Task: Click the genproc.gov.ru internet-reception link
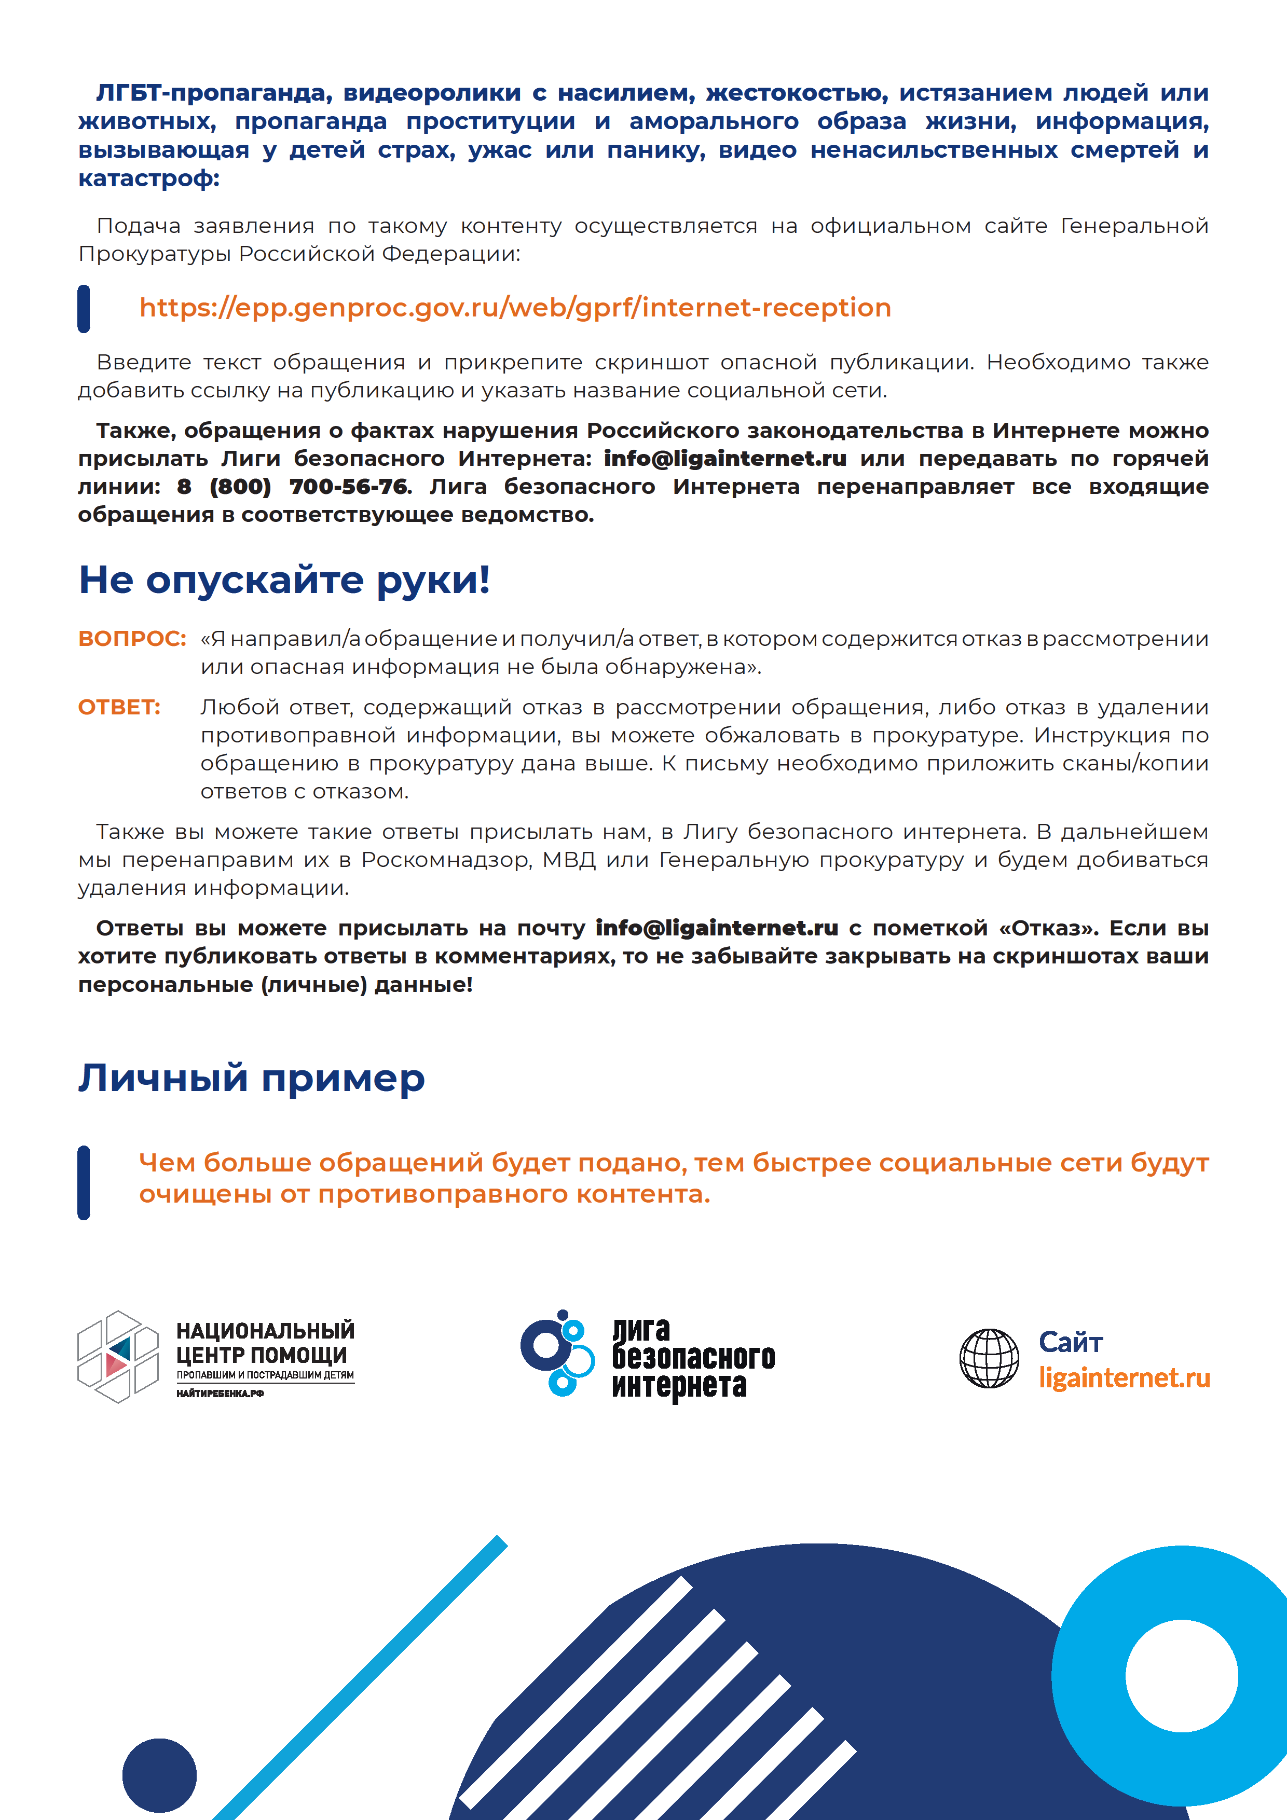click(515, 308)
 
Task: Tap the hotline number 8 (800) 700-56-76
click(293, 487)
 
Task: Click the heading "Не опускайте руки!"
click(284, 580)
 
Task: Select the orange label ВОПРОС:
click(132, 639)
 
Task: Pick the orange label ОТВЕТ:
click(119, 707)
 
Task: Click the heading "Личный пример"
click(251, 1078)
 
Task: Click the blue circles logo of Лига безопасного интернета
click(557, 1353)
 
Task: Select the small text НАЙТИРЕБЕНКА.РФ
click(220, 1392)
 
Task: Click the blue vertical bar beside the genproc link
click(83, 308)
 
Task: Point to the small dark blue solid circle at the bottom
click(159, 1775)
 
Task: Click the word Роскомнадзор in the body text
click(446, 860)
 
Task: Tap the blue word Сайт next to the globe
click(1071, 1342)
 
